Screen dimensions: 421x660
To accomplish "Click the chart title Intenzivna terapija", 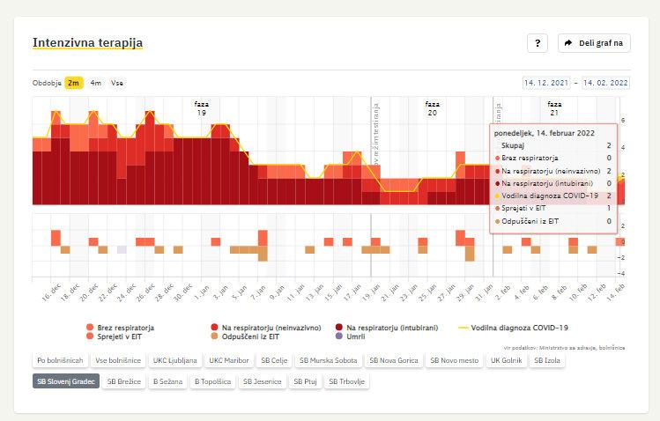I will pyautogui.click(x=87, y=42).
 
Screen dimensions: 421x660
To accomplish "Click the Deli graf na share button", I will pyautogui.click(x=595, y=43).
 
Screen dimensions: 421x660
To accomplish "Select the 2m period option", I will pyautogui.click(x=74, y=83).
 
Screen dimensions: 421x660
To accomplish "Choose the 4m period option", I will pyautogui.click(x=95, y=83).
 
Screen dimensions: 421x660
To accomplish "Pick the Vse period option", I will pyautogui.click(x=116, y=83).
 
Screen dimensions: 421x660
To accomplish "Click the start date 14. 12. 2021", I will pyautogui.click(x=546, y=83).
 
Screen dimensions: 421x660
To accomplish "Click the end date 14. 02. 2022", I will pyautogui.click(x=605, y=83).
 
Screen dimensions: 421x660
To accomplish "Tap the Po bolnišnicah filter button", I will pyautogui.click(x=60, y=360).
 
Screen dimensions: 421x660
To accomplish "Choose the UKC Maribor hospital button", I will pyautogui.click(x=228, y=360).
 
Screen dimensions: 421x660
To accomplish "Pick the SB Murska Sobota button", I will pyautogui.click(x=327, y=360).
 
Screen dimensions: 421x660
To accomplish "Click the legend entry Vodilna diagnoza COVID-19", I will pyautogui.click(x=518, y=328).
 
